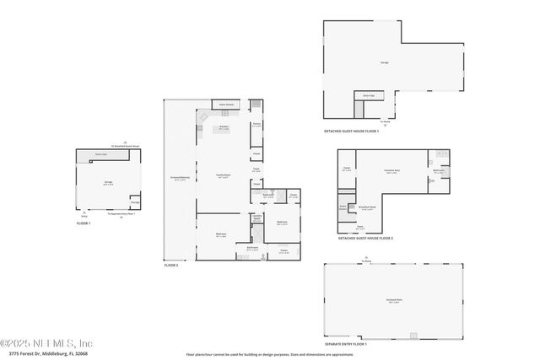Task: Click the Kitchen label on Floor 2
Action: point(224,127)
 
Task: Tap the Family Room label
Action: point(224,176)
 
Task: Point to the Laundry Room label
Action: point(256,218)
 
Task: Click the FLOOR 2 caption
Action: point(171,266)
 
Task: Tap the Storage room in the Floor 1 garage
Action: point(135,202)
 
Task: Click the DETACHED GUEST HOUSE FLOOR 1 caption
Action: point(352,131)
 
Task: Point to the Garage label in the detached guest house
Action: point(384,62)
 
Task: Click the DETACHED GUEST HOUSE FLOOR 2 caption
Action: point(365,239)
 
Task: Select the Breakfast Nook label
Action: point(366,207)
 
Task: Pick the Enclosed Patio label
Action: point(394,301)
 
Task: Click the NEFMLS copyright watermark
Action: point(46,342)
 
